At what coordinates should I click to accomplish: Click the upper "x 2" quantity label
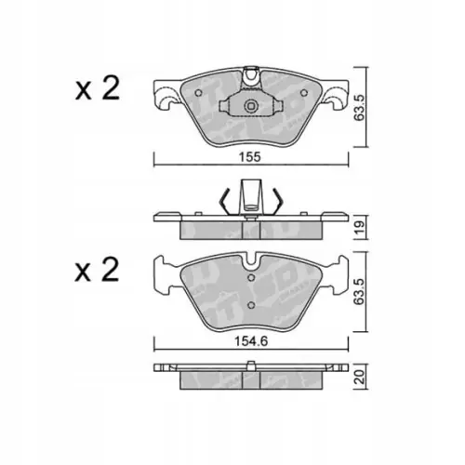point(98,89)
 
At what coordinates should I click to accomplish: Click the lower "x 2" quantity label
point(98,272)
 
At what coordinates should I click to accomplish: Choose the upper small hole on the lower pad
point(249,276)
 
